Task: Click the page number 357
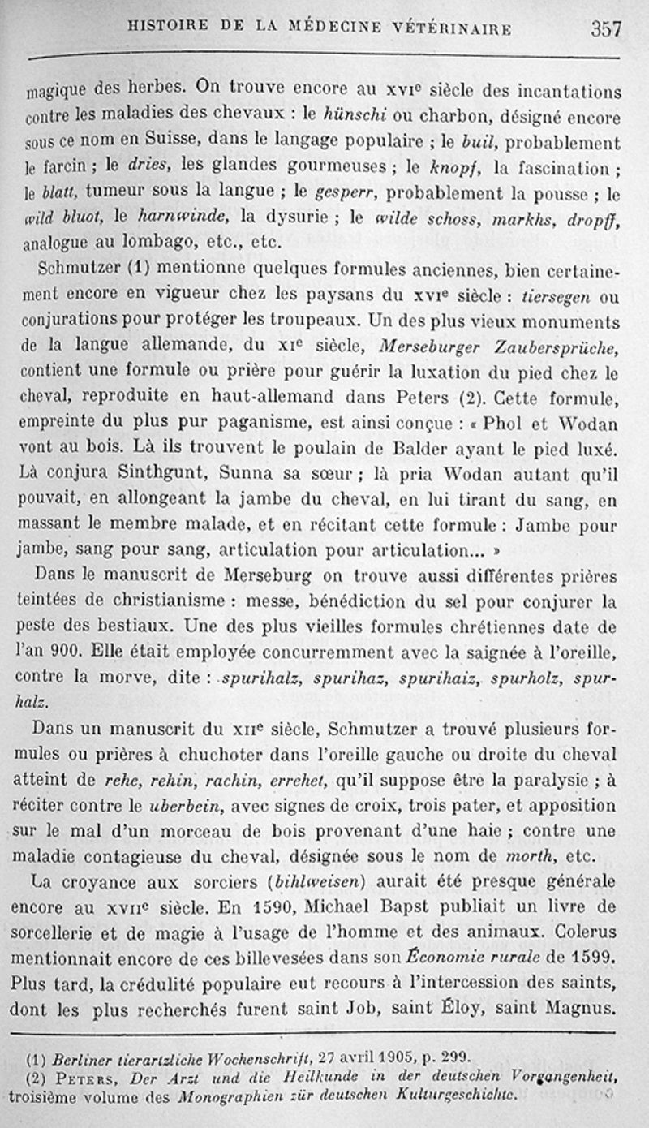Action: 606,30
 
